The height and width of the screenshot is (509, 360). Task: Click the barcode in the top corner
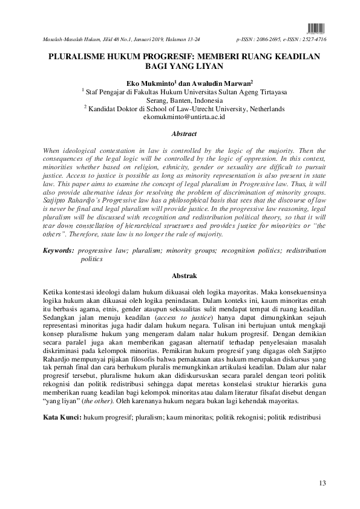coord(316,27)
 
